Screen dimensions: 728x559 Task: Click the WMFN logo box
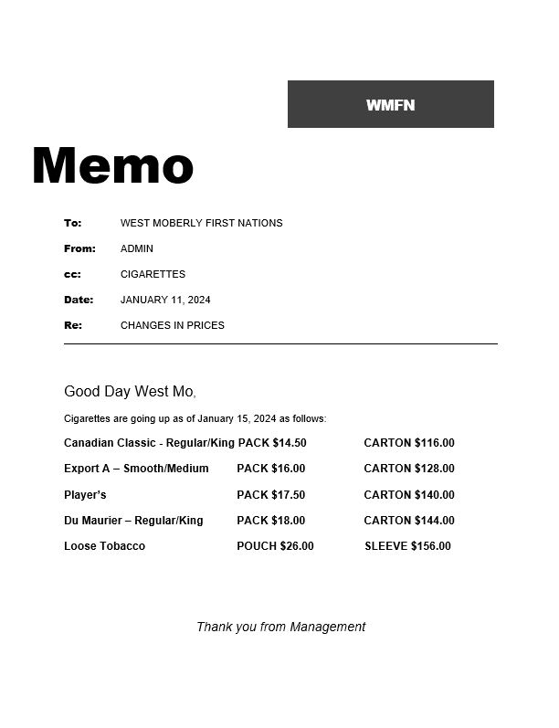pos(390,104)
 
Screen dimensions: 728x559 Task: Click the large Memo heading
pos(112,166)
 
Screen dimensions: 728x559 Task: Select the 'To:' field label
pos(72,223)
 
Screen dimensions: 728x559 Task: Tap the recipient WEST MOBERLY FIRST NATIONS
pos(201,223)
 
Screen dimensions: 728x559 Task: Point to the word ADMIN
pos(137,248)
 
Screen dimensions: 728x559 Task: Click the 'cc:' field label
pos(72,274)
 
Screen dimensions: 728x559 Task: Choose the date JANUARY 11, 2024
pos(165,300)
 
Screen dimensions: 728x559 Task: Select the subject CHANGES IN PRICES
pos(172,325)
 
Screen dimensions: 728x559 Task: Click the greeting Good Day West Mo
pos(129,392)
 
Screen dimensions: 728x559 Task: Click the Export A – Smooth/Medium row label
pos(136,469)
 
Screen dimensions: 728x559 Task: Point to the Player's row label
pos(85,495)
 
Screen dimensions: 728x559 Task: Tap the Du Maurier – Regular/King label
pos(133,521)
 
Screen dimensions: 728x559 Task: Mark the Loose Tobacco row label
pos(104,546)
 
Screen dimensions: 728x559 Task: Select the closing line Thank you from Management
pos(280,627)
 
